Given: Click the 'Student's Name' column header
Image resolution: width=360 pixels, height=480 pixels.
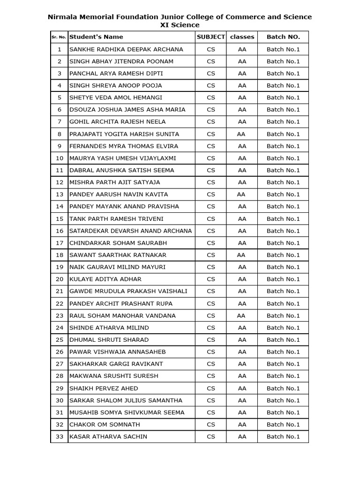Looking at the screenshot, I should (x=96, y=37).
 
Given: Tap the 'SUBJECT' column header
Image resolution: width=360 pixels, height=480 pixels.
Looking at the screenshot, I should (x=210, y=37).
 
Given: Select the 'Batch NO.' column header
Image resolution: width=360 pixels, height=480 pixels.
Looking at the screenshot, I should (x=283, y=37).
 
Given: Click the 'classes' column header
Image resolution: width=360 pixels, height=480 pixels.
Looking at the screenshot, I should (x=242, y=37).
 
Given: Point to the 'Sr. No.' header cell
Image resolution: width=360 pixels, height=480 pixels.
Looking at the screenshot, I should (x=59, y=37).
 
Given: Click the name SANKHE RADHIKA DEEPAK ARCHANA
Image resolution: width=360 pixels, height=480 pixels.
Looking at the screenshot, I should (x=126, y=49).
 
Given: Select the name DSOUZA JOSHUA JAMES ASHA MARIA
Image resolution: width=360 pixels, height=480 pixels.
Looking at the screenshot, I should (x=127, y=110).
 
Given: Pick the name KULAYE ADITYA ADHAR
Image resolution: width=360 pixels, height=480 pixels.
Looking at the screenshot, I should (x=105, y=279).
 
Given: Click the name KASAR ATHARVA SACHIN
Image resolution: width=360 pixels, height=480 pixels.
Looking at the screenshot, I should (x=108, y=436).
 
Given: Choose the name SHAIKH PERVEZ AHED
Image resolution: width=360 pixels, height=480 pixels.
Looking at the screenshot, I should (x=104, y=388).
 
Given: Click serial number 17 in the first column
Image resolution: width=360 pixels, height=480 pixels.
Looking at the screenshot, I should (x=59, y=243).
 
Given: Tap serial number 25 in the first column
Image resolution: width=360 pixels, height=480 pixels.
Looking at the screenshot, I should (x=59, y=340).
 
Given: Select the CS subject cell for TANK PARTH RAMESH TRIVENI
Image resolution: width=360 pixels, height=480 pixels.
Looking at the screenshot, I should (x=210, y=218).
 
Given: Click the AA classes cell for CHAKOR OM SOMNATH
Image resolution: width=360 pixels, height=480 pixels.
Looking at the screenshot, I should (x=242, y=424).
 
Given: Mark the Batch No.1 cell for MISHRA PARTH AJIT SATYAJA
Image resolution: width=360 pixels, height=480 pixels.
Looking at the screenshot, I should (x=283, y=182).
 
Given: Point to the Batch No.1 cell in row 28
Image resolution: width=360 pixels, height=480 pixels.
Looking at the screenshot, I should (x=283, y=376).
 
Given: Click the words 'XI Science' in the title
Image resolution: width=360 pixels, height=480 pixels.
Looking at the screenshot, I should (x=180, y=25).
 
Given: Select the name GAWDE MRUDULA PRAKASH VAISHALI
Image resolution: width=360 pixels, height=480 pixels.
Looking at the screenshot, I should (x=128, y=291).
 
